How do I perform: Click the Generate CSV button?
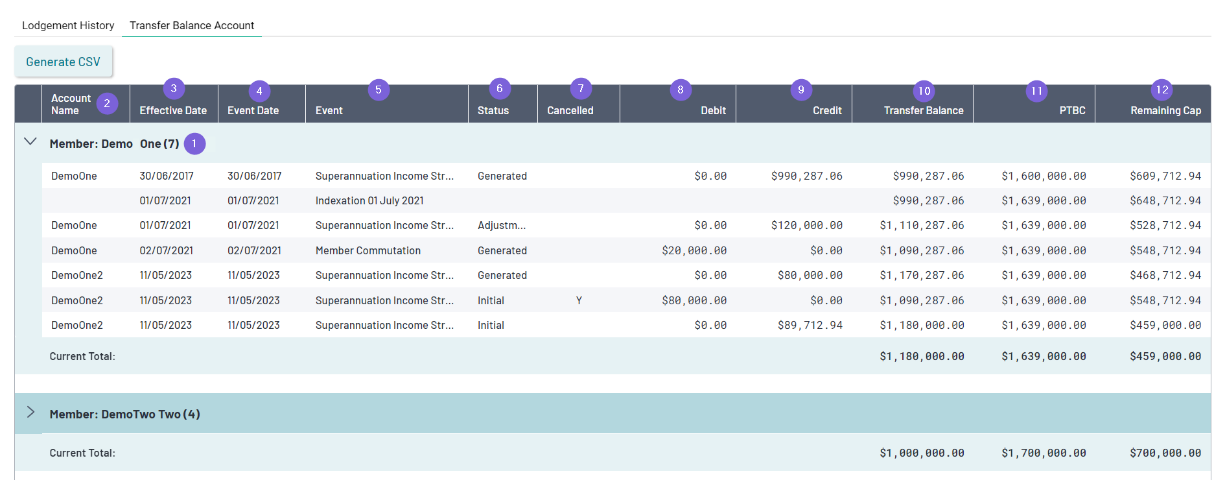63,62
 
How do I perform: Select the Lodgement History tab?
68,25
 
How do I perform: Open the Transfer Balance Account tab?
192,25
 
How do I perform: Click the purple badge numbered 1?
194,143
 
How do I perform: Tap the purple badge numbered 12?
1162,90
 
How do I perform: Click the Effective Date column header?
173,110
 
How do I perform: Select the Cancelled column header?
570,110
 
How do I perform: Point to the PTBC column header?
1072,110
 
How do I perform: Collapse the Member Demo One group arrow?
30,141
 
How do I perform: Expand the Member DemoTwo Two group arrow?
30,413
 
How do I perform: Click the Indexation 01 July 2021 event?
369,200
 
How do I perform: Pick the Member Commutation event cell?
368,250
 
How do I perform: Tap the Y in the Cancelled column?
579,300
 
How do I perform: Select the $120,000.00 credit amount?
806,225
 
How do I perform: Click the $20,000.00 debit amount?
694,250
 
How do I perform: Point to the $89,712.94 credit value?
810,325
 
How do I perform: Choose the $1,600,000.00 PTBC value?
1044,176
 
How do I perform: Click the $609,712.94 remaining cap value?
1165,176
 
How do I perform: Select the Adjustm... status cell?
501,225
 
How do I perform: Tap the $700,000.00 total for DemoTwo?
1165,453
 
